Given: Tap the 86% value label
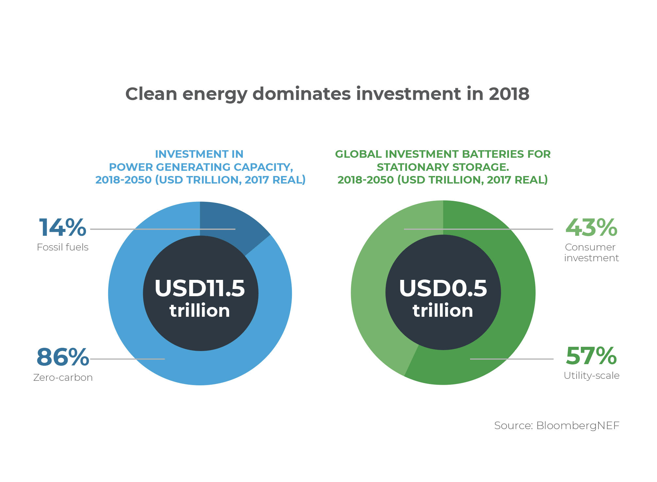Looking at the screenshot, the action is [62, 357].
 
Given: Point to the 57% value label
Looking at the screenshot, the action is [591, 356].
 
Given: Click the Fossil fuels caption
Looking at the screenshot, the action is [62, 247].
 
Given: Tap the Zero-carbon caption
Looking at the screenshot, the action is [63, 378].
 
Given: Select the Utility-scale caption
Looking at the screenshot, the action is [592, 376].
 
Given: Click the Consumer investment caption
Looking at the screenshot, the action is [591, 253].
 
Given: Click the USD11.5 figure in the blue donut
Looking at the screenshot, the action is [200, 288].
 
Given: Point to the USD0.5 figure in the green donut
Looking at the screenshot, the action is [443, 288].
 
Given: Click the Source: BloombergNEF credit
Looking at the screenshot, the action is [557, 426].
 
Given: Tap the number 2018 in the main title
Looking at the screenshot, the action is [509, 94].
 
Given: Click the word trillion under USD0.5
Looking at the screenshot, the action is [443, 310].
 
